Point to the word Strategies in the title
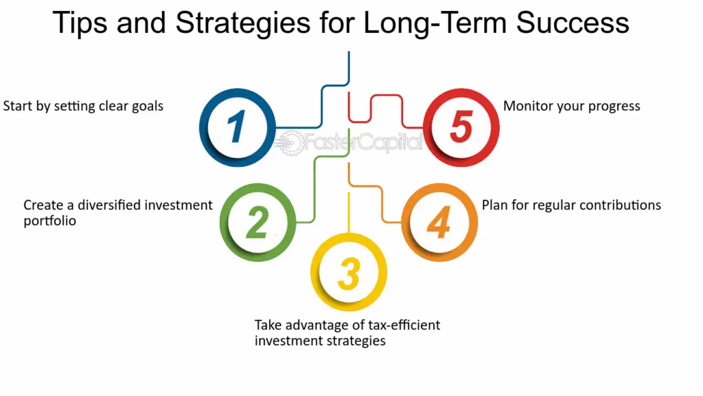pyautogui.click(x=242, y=23)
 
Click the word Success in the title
pyautogui.click(x=573, y=23)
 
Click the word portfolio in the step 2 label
pyautogui.click(x=49, y=221)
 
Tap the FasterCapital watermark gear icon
pyautogui.click(x=290, y=143)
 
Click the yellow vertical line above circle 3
pyautogui.click(x=349, y=213)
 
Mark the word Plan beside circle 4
pyautogui.click(x=494, y=205)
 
